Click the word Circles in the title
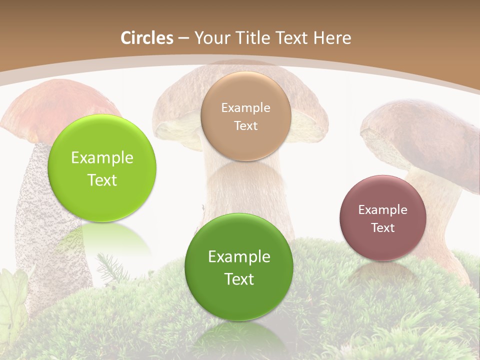(x=146, y=38)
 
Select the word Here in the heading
(x=331, y=38)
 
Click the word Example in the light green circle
(x=102, y=158)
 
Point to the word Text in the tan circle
(x=245, y=125)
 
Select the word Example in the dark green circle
(x=239, y=257)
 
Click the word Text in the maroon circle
(x=383, y=228)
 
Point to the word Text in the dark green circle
(x=239, y=279)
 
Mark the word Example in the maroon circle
(x=382, y=210)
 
